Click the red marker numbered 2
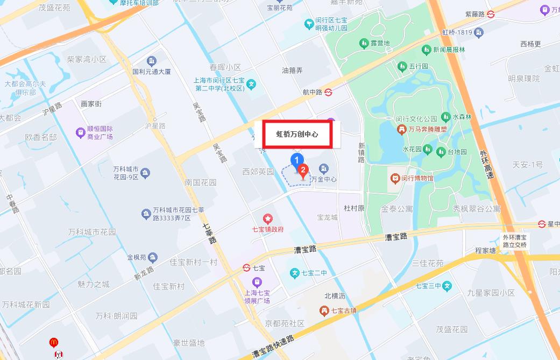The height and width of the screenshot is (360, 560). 303,171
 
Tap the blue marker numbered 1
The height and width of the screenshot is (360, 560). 295,159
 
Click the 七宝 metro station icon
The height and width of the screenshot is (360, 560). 246,267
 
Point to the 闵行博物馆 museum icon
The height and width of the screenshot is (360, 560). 395,178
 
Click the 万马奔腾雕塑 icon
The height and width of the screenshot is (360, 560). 401,130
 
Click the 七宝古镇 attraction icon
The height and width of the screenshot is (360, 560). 324,310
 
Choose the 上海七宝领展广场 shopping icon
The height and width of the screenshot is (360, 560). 257,282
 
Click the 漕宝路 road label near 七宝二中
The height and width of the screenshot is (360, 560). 305,249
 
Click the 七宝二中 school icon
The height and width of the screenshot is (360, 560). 295,273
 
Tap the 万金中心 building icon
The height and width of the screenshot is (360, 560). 324,168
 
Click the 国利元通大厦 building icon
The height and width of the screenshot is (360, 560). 152,60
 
